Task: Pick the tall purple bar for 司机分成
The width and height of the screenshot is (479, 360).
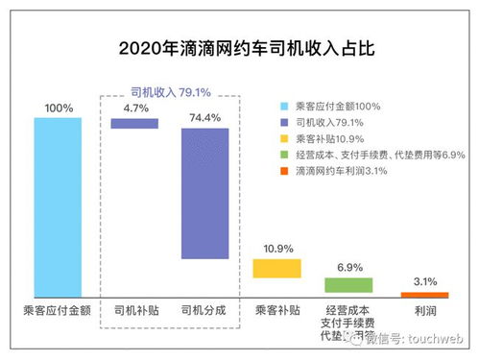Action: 204,193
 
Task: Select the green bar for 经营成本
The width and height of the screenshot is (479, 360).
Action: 347,285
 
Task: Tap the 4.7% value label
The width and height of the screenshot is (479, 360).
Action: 133,108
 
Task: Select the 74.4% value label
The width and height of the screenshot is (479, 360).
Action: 204,117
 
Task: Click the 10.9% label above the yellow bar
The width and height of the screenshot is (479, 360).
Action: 276,249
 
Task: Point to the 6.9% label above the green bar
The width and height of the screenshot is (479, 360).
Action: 348,268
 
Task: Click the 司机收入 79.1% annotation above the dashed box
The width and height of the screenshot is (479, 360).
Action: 171,92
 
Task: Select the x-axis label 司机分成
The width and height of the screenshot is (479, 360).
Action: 204,311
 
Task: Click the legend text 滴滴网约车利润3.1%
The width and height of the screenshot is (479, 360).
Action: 355,171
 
